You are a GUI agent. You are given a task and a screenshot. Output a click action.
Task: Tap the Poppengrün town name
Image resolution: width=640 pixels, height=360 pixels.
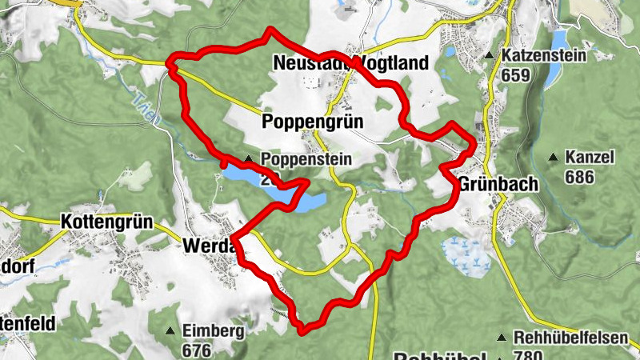[x=313, y=122]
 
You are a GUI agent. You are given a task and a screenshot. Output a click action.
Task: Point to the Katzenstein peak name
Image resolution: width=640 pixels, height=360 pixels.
[x=544, y=56]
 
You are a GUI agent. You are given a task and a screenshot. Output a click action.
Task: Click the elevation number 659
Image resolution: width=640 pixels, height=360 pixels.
[x=517, y=75]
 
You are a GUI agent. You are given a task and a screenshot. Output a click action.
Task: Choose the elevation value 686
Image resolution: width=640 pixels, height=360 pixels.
[x=579, y=177]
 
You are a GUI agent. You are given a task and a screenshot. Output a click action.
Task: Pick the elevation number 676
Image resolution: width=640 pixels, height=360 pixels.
[x=196, y=350]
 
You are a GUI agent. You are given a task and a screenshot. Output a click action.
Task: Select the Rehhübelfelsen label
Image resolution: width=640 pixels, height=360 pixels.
[x=572, y=338]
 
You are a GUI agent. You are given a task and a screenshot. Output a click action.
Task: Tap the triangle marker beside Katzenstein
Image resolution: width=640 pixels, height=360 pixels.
[x=489, y=56]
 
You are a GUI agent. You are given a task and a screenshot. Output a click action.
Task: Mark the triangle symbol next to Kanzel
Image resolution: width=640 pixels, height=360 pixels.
[x=553, y=158]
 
